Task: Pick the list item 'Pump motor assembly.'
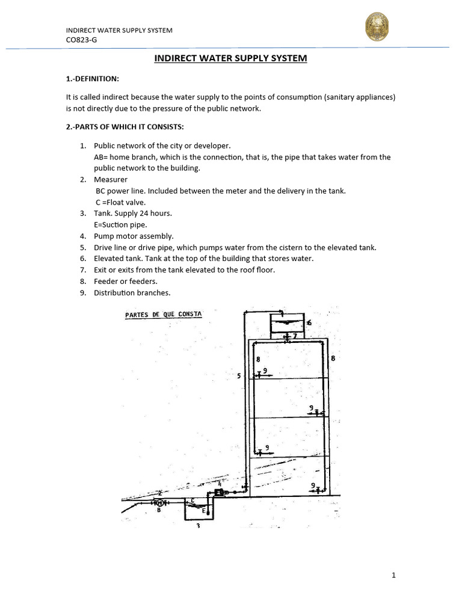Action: (x=134, y=236)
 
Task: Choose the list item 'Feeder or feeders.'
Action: (x=126, y=282)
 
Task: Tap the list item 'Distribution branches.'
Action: (x=132, y=293)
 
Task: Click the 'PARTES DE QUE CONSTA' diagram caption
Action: (x=163, y=315)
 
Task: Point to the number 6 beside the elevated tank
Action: (x=309, y=323)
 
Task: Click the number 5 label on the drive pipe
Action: (x=239, y=376)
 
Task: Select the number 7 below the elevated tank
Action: (x=294, y=335)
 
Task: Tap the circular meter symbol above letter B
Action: (x=159, y=502)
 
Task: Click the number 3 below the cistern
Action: (x=198, y=525)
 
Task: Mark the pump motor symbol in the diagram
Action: (x=218, y=492)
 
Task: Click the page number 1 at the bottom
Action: (x=393, y=575)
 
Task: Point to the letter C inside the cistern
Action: (x=192, y=500)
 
